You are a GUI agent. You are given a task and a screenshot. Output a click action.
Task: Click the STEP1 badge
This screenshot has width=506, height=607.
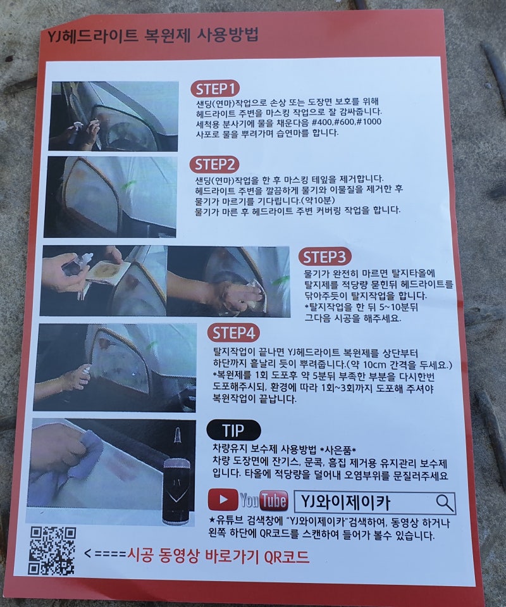(215, 89)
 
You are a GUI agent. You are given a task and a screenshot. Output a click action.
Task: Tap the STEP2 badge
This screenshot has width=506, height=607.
(214, 165)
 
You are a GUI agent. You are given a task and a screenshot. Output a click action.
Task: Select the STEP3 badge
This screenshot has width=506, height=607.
(324, 257)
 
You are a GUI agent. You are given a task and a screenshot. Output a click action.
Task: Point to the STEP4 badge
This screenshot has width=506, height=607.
(233, 333)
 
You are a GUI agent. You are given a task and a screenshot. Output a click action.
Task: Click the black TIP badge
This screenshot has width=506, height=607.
(233, 430)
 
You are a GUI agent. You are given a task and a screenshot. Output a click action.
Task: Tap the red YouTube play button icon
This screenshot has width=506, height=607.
(223, 499)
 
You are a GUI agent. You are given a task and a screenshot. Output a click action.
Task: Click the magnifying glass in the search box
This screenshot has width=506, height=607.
(445, 503)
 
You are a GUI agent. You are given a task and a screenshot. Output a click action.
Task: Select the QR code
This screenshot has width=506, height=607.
(53, 551)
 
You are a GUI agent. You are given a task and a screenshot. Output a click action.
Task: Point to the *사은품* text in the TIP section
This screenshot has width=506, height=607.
(338, 450)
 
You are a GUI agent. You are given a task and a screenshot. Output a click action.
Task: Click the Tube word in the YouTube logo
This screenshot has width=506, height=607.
(273, 501)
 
